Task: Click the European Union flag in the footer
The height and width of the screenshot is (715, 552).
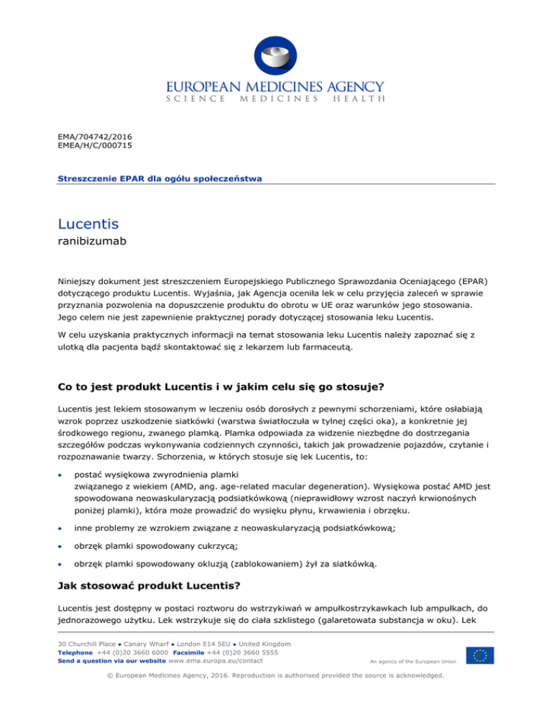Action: click(479, 655)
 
